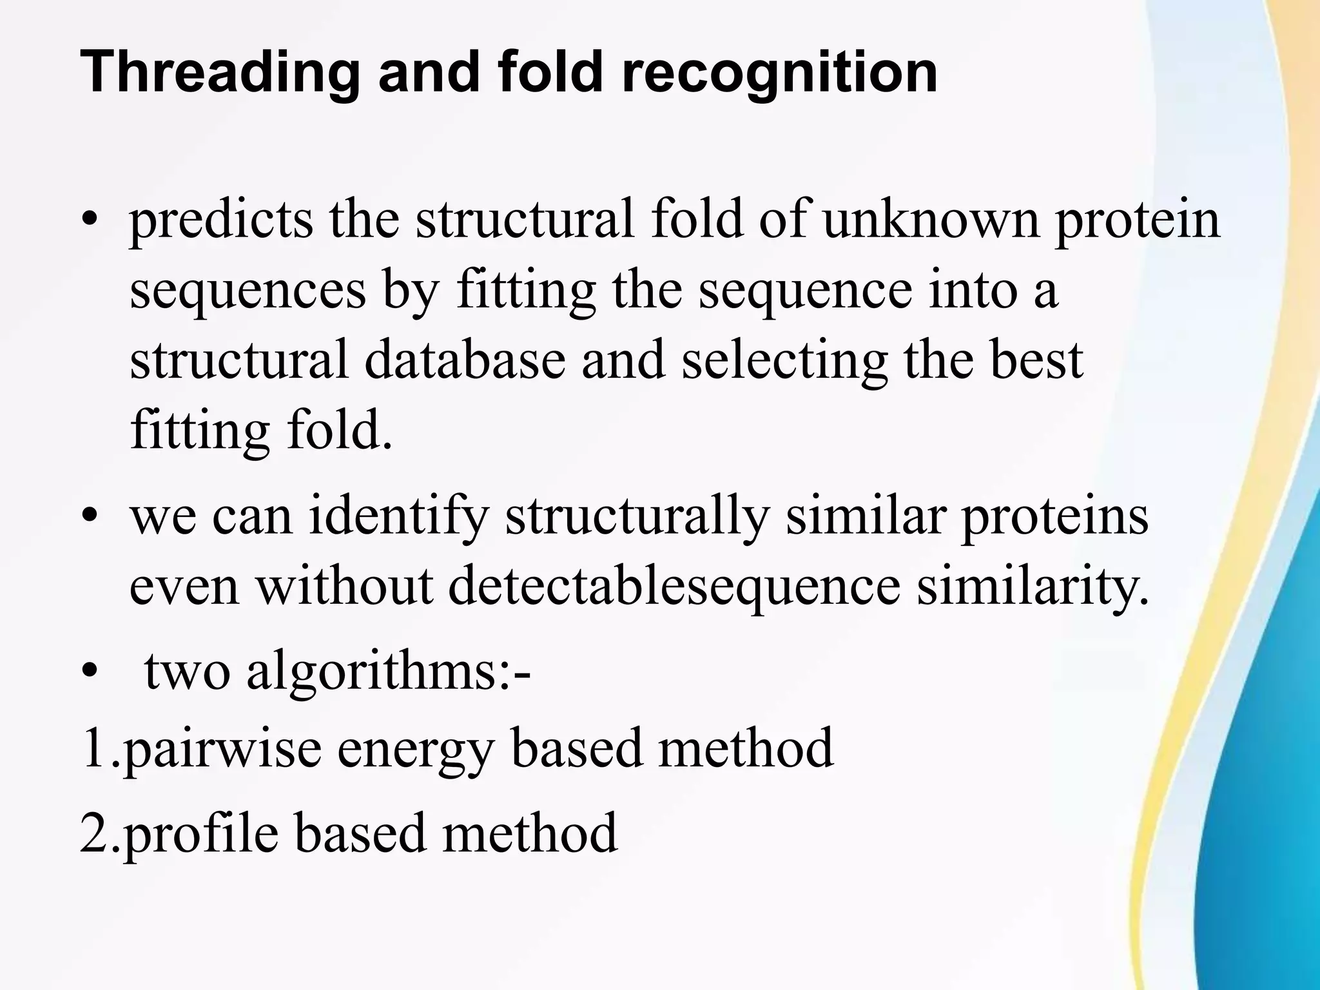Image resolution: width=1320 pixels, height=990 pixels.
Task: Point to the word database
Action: point(464,359)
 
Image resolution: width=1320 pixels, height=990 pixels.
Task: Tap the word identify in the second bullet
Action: point(397,518)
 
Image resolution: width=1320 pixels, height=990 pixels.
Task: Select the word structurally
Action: point(637,518)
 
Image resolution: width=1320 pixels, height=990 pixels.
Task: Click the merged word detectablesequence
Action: point(674,588)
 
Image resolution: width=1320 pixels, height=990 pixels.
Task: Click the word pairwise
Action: point(221,749)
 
